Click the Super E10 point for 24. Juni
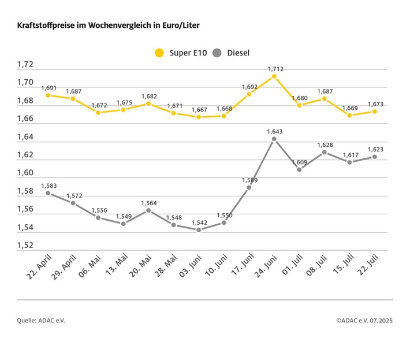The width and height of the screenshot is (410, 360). pos(274,76)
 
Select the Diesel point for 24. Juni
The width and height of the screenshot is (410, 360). pos(274,139)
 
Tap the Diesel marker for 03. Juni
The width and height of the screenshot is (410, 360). pos(199,230)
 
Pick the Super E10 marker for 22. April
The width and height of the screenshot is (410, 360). pos(48,95)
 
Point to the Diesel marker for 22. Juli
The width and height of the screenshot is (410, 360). pos(375,157)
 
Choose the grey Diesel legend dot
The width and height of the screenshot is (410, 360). pos(217,53)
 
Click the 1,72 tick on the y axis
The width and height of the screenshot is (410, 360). pos(25,65)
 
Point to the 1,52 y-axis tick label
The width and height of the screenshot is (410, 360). pos(25,246)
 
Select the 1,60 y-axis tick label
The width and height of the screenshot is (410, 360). pos(25,173)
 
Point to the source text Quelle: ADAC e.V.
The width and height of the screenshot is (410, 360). pos(42,320)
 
